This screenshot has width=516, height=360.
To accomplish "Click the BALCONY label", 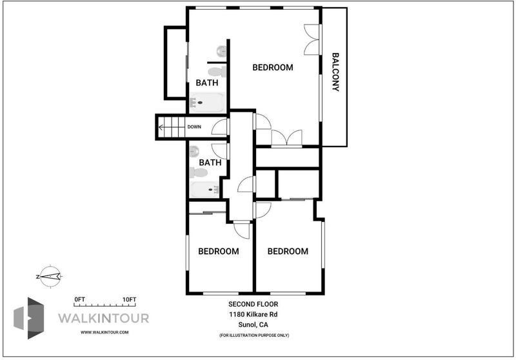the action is point(335,72).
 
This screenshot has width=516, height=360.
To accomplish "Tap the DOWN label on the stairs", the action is point(194,126).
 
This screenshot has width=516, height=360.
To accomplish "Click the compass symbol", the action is point(50,276).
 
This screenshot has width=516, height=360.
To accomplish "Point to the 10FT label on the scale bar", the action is point(129,299).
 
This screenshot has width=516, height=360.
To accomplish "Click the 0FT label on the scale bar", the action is point(79,299).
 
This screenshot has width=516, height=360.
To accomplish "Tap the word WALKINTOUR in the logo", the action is point(104,318).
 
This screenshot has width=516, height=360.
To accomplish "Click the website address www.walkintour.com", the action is point(104,332).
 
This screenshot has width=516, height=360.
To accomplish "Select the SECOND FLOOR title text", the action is point(253,304).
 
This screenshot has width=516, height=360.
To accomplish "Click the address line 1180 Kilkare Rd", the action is point(253,314).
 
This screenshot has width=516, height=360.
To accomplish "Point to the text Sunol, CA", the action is point(253,325).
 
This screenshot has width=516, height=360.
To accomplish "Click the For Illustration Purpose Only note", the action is point(254,335).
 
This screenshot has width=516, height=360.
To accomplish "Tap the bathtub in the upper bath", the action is point(207,103).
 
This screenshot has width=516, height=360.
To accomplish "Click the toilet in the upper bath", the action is point(217,72).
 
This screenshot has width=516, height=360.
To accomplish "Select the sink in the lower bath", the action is point(194,152).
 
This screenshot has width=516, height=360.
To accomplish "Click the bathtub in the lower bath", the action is point(204,190).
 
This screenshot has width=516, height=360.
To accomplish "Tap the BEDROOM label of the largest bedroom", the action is point(273,68).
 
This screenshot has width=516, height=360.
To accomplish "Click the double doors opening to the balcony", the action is point(312,39).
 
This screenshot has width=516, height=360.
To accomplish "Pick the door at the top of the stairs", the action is point(220,127).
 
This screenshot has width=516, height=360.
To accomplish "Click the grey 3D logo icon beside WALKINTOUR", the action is point(29,318).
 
